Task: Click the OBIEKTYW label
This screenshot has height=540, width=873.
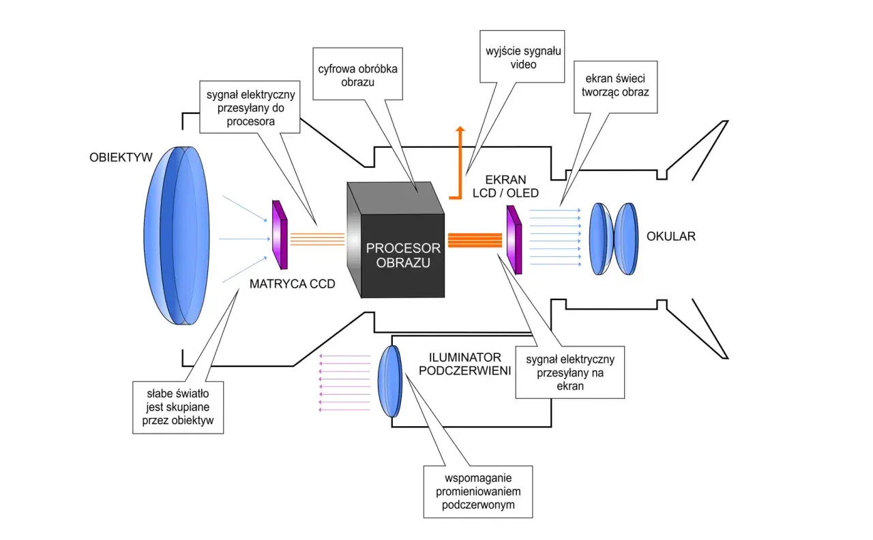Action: click(121, 157)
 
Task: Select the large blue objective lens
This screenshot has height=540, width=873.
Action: click(177, 235)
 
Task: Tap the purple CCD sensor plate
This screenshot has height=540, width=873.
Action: click(280, 235)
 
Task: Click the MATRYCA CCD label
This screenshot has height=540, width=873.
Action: click(293, 284)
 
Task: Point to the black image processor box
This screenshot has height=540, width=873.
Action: click(396, 239)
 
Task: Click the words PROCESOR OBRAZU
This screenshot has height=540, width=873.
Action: click(403, 255)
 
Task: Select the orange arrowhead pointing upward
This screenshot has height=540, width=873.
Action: click(460, 129)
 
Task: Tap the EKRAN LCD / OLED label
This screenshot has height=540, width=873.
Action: click(505, 186)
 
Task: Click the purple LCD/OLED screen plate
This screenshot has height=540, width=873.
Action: click(514, 240)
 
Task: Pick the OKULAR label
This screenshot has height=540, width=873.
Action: click(670, 236)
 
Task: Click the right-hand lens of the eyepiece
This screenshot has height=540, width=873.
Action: click(626, 239)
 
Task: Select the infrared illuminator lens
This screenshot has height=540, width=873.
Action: click(389, 381)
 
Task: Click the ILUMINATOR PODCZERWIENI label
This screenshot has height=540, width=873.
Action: click(464, 364)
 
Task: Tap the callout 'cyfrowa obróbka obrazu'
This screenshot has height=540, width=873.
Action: click(358, 74)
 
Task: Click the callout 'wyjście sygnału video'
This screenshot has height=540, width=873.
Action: click(522, 57)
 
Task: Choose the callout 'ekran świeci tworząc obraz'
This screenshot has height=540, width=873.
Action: click(615, 87)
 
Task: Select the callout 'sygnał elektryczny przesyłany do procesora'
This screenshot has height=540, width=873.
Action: click(250, 107)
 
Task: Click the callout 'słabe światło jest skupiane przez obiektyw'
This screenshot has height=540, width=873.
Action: click(178, 408)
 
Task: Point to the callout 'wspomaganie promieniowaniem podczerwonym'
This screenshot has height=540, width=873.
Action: click(478, 492)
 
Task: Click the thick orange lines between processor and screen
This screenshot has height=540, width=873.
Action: click(475, 240)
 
